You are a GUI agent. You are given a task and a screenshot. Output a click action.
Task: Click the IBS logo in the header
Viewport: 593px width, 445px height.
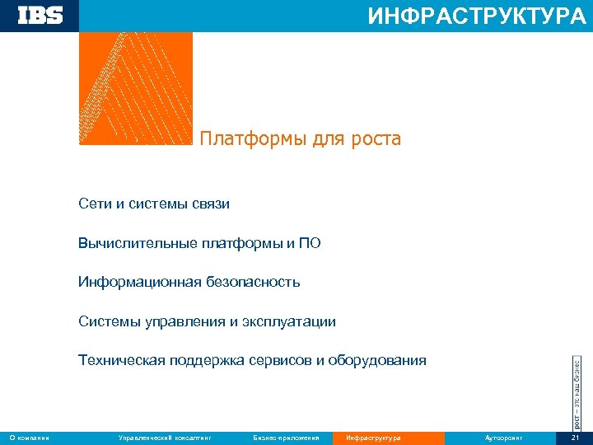pyautogui.click(x=40, y=16)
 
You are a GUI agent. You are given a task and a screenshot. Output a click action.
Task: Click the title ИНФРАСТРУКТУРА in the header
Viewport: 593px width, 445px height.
pyautogui.click(x=477, y=16)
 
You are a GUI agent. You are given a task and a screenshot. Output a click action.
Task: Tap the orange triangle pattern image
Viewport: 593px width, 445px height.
pyautogui.click(x=135, y=89)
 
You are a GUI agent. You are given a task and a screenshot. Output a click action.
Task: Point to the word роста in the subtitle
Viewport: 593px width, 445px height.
pyautogui.click(x=377, y=139)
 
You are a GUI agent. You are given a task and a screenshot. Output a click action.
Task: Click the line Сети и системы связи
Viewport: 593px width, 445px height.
pyautogui.click(x=154, y=204)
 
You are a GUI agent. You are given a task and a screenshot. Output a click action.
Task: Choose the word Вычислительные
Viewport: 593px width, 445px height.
pyautogui.click(x=138, y=243)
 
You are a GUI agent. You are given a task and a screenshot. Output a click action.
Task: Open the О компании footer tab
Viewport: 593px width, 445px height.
pyautogui.click(x=30, y=438)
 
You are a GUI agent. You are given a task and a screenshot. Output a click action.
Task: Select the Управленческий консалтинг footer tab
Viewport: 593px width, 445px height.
pyautogui.click(x=165, y=438)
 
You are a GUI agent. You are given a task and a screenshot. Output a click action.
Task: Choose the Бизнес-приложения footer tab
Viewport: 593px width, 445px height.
pyautogui.click(x=286, y=438)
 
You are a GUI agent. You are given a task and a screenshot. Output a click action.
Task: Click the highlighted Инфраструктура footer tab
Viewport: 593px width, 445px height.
pyautogui.click(x=374, y=438)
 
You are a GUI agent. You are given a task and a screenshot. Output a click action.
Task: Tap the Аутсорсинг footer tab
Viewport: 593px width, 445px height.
pyautogui.click(x=504, y=438)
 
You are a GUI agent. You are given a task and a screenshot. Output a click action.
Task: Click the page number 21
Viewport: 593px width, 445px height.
pyautogui.click(x=576, y=438)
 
